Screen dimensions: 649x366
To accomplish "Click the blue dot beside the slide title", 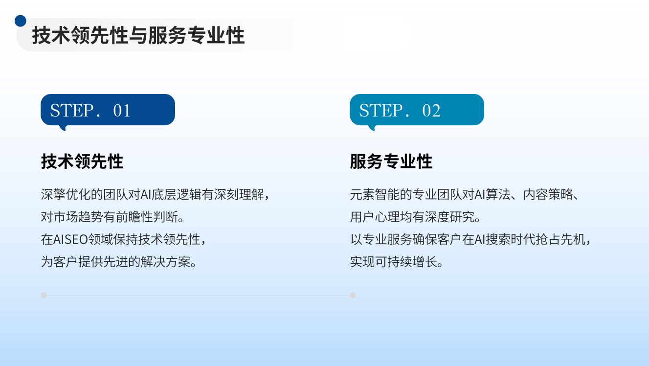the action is click(x=20, y=21).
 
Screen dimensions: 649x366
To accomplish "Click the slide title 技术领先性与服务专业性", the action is click(x=138, y=35).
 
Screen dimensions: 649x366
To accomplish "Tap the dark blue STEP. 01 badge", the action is click(x=108, y=110).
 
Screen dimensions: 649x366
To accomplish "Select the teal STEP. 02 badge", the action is click(x=417, y=110).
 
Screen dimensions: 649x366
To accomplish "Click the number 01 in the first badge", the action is click(x=122, y=111).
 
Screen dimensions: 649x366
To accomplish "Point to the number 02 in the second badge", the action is click(x=431, y=111).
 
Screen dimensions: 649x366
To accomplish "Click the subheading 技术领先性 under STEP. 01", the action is click(x=82, y=161).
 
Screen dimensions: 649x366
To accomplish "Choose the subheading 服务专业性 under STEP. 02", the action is click(x=391, y=161).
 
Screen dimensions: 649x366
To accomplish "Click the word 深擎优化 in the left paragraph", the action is click(x=66, y=194).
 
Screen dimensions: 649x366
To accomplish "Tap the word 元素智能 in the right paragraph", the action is click(x=375, y=194).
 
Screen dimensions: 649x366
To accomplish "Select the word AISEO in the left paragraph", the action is click(x=71, y=240).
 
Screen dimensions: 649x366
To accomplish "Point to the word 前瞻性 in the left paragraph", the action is click(x=134, y=217).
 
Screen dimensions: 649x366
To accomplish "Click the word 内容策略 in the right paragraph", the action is click(x=548, y=194).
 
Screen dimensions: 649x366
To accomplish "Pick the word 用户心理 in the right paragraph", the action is click(x=375, y=217).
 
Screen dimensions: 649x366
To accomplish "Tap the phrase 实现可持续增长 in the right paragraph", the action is click(x=393, y=262).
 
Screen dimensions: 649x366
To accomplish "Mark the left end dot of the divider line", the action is click(x=44, y=295).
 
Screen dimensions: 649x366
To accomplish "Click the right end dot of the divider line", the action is click(x=353, y=295).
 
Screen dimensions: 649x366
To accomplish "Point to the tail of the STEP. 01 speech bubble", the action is click(x=63, y=128).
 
